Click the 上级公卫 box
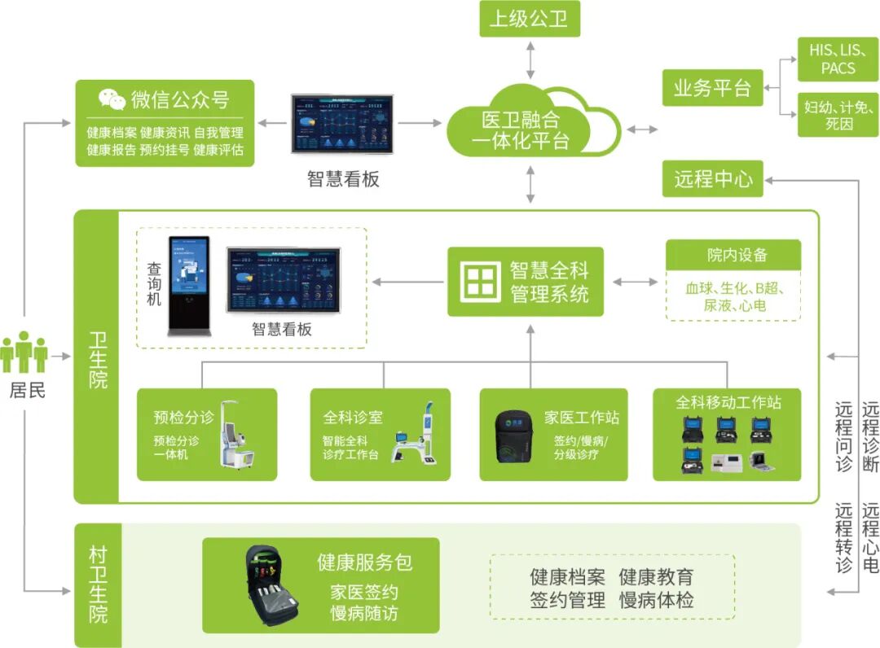point(529,19)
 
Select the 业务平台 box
point(712,87)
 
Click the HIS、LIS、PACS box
point(838,59)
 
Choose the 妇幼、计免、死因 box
point(838,115)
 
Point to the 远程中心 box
point(713,178)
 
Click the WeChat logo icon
point(112,99)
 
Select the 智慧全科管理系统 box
point(526,282)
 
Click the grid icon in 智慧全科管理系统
point(480,282)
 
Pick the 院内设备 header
point(733,255)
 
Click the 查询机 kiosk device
point(188,286)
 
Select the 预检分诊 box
point(207,434)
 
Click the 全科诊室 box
point(380,434)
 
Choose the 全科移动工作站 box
point(728,434)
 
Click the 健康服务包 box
point(320,585)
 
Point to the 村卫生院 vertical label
point(98,585)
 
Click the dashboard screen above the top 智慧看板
point(342,124)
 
